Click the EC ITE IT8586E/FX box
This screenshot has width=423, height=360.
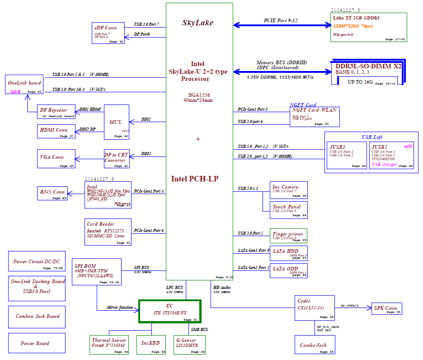point(169,311)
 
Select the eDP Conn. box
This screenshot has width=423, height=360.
point(108,33)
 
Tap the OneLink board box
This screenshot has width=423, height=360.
point(24,85)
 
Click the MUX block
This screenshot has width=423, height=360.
point(116,122)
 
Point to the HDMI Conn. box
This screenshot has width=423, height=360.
point(56,131)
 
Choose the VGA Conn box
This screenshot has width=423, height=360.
point(56,159)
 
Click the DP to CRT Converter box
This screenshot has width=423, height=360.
point(116,159)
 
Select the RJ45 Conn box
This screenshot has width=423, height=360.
point(52,193)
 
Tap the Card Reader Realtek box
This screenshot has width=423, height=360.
point(108,232)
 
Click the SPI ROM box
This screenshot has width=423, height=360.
point(97,272)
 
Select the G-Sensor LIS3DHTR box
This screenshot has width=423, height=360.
point(189,345)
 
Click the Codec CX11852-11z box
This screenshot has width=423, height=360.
point(315,308)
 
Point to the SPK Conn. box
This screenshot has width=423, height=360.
point(386,309)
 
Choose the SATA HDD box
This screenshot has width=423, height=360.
point(289,253)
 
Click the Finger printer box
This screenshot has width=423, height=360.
point(289,236)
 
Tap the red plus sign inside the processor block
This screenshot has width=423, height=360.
point(198,139)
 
